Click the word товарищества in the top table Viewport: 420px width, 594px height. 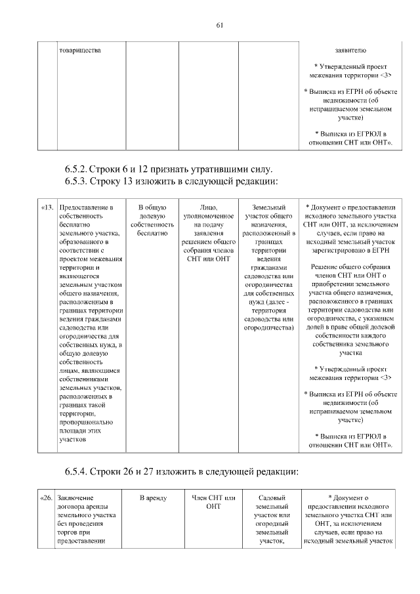[x=79, y=49]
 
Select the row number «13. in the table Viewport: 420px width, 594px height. [x=47, y=208]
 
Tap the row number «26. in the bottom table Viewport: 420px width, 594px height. [x=47, y=498]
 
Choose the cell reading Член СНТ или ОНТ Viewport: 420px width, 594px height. [x=213, y=502]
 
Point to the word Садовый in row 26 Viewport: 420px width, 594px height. [x=270, y=498]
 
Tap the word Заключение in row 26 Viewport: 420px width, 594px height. [x=75, y=498]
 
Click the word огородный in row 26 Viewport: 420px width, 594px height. [x=270, y=524]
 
